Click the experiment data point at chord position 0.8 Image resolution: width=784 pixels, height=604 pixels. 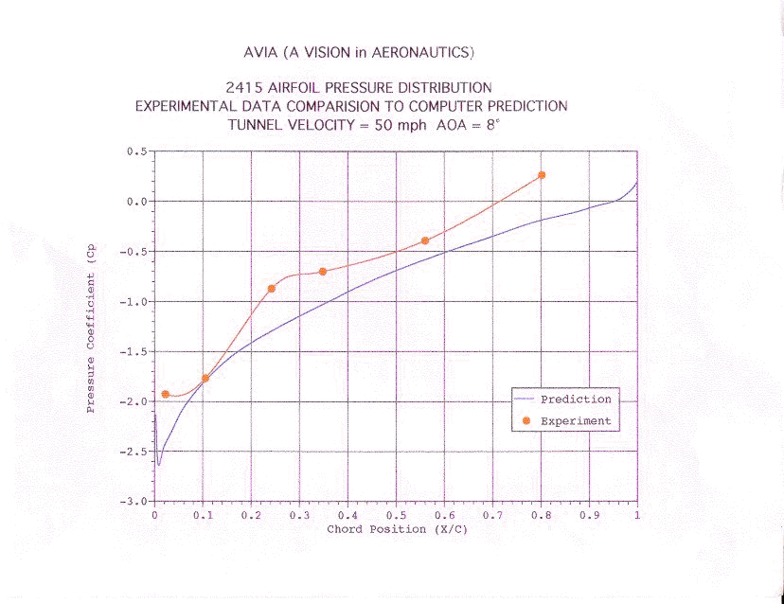(x=542, y=175)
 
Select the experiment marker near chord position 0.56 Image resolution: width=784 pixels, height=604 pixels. (x=425, y=240)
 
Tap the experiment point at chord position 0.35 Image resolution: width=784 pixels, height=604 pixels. (x=323, y=272)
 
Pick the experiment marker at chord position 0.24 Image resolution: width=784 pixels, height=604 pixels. (x=272, y=289)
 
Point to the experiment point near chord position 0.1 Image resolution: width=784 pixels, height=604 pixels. (x=205, y=379)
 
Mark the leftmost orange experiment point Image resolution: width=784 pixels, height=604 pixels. (x=166, y=394)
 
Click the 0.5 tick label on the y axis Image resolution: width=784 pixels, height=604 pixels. (x=137, y=151)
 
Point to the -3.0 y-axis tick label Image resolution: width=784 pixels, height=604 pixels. (x=134, y=501)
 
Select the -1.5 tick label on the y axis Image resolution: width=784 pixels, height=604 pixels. (x=134, y=351)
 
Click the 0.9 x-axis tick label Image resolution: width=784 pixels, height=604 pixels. (x=588, y=516)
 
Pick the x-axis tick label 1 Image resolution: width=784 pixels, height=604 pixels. (x=636, y=516)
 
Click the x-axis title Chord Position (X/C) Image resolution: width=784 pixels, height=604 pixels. (x=397, y=529)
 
